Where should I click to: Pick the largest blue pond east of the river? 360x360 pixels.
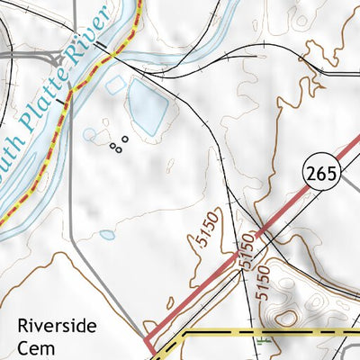[x=147, y=106]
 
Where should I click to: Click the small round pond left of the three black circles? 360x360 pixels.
[x=90, y=135]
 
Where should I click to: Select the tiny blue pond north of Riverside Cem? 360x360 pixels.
[x=107, y=235]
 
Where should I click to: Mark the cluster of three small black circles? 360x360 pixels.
[x=119, y=144]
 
